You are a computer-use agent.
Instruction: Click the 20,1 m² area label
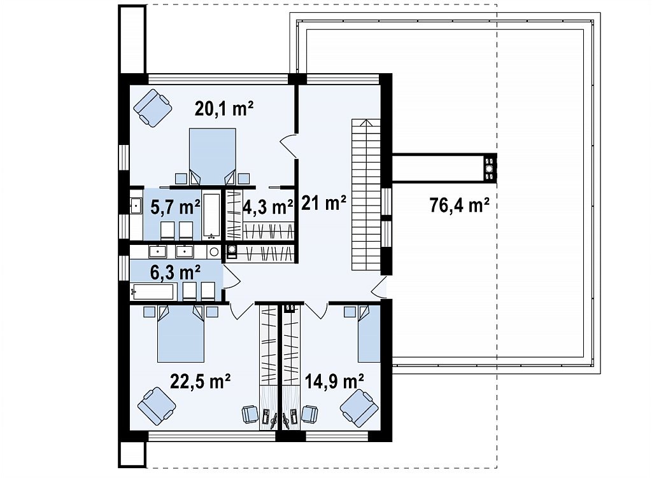coord(223,109)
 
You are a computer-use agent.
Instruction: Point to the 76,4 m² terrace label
coord(459,205)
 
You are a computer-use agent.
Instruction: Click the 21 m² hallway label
coord(323,203)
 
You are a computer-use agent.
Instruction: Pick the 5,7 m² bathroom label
coord(175,207)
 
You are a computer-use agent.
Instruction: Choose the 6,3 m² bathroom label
coord(175,272)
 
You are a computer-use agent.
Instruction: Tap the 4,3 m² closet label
coord(268,207)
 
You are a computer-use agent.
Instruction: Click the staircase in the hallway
coord(366,195)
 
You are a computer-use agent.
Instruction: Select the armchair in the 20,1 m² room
coord(153,108)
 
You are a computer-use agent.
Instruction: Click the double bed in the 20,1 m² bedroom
coord(213,156)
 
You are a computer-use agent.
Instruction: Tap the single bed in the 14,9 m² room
coord(369,333)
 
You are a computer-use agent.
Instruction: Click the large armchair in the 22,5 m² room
coord(157,406)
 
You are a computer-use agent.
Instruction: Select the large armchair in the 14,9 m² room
coord(359,408)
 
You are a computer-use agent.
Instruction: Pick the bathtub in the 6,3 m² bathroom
coord(153,292)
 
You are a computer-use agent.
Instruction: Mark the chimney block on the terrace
coord(490,167)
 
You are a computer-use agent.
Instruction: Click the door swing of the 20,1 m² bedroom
coord(288,146)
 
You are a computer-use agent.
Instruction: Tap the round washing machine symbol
coord(214,251)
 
